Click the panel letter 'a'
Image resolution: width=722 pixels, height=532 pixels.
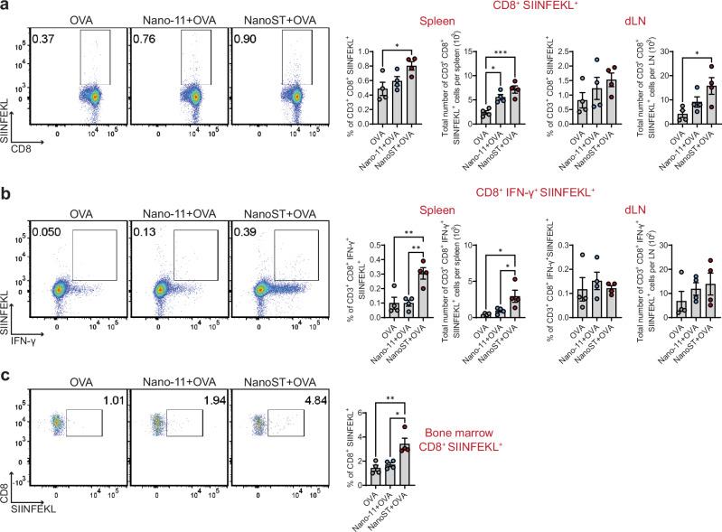[x=6, y=7]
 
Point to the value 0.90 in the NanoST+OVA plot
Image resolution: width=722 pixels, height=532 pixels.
[x=247, y=38]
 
